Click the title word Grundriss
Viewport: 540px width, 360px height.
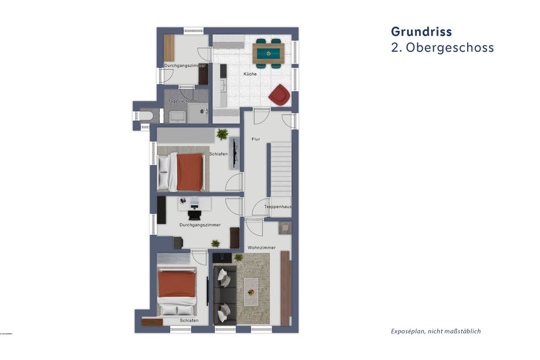(x=421, y=31)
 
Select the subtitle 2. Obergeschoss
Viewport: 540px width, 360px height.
(x=442, y=47)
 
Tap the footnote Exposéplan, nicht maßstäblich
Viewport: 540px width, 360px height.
(x=435, y=331)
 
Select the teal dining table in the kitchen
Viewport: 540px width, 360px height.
(x=268, y=53)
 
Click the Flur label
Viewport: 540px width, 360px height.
(x=256, y=139)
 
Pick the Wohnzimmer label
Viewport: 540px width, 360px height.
(x=261, y=248)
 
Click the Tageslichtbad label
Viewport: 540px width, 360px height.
(x=181, y=101)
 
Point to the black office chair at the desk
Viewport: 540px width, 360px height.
(x=194, y=214)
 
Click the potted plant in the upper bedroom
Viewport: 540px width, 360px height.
(x=222, y=134)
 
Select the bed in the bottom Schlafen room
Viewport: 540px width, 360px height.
(x=177, y=291)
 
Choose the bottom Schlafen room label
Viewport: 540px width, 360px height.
(x=190, y=321)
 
